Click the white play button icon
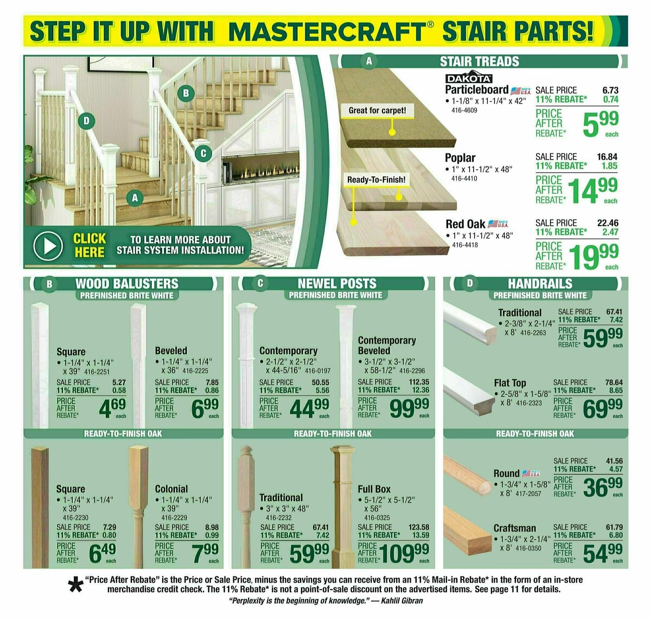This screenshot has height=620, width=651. pos(48,246)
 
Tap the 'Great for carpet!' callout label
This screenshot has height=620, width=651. pos(376,111)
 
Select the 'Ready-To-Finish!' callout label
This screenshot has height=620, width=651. pos(376,180)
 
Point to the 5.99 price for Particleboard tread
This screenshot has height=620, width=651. pos(600,124)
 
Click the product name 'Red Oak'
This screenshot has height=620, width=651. pos(465,224)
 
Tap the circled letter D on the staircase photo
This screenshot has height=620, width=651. pos(86,121)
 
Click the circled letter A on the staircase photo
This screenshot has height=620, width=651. pos(135,199)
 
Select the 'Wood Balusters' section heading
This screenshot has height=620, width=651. pos(126,284)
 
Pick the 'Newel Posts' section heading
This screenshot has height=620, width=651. pos(336,284)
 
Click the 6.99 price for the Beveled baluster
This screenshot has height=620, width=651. pos(205,408)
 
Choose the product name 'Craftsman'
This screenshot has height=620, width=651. pos(514,528)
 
